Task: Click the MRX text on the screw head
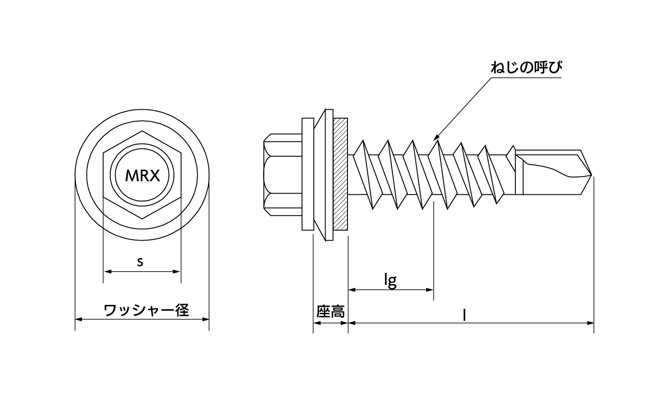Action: (x=141, y=176)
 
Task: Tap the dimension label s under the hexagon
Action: (x=140, y=262)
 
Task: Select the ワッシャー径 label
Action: (x=146, y=310)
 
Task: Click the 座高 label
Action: (x=330, y=312)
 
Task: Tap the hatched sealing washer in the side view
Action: (x=341, y=174)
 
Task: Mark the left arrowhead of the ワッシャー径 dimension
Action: (x=78, y=319)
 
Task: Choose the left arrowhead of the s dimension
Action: (x=106, y=272)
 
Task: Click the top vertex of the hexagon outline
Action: (x=142, y=131)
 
